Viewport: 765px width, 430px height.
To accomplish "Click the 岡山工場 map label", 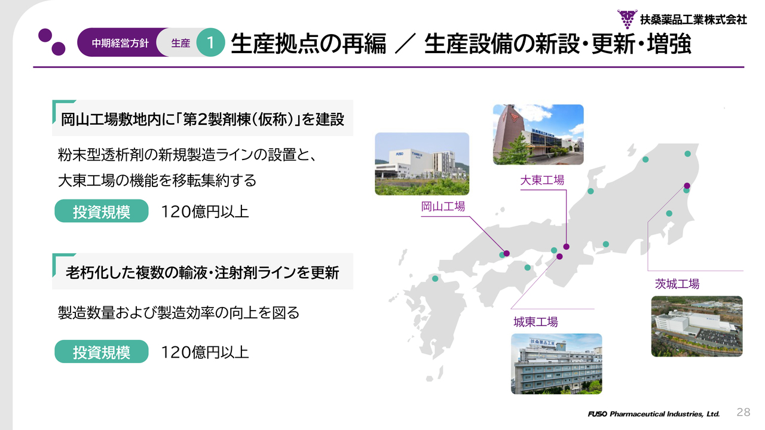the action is (443, 207).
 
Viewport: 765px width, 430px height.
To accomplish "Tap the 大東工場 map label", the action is (542, 180).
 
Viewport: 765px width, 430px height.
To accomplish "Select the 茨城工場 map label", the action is (677, 284).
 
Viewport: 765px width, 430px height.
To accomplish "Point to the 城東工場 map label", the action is (535, 322).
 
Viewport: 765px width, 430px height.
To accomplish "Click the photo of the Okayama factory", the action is (422, 164).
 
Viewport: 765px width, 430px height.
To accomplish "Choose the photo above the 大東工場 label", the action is (538, 134).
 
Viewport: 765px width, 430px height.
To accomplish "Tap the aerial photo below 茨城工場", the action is (697, 326).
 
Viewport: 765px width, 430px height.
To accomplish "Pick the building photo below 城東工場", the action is (556, 364).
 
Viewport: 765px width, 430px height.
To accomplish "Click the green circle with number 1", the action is (210, 42).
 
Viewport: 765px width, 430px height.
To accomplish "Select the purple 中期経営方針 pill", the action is (120, 42).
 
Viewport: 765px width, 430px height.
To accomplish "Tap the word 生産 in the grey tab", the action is (180, 43).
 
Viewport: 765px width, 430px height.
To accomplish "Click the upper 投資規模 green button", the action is (102, 211).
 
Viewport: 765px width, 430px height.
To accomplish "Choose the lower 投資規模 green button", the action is (102, 352).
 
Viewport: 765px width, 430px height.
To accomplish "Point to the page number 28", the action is (743, 412).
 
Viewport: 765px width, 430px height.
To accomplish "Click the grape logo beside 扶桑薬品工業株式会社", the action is (627, 19).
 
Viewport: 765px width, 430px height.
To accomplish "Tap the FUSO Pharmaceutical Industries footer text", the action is (654, 414).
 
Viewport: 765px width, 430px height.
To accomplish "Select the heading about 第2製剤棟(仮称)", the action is (203, 119).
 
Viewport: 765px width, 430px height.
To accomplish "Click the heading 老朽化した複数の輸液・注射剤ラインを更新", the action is (202, 273).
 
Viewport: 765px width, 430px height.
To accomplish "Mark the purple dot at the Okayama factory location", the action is (507, 253).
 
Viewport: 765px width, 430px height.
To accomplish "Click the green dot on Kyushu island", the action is (435, 278).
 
